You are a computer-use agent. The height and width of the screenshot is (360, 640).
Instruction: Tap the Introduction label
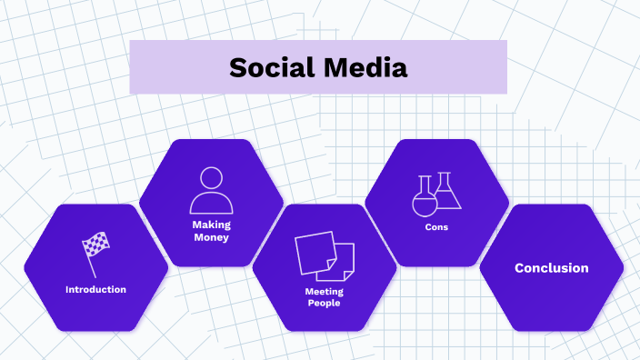point(95,290)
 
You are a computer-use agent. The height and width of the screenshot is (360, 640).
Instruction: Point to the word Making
point(211,224)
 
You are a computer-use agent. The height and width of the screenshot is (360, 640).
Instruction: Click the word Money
point(211,237)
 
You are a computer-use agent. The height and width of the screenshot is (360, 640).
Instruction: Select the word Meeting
point(324,291)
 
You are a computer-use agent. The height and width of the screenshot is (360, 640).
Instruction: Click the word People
point(324,303)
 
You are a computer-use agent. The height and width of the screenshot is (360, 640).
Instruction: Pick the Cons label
point(436,227)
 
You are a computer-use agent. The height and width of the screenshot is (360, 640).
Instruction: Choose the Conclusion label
point(551,268)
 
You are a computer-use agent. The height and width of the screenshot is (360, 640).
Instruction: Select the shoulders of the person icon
point(211,203)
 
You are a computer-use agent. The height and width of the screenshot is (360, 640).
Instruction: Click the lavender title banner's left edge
point(132,67)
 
